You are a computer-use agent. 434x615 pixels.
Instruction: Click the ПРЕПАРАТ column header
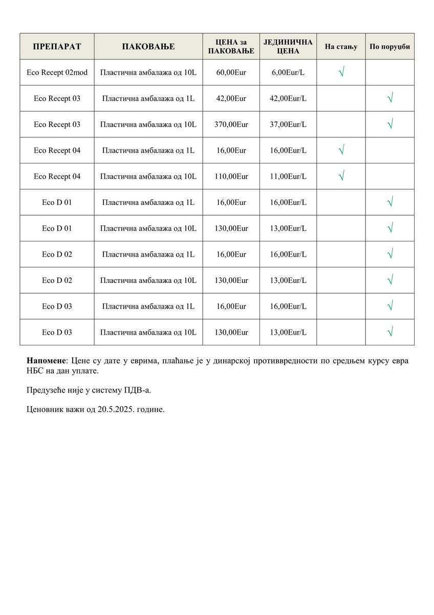pos(57,47)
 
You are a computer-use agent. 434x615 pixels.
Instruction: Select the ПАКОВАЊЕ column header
pos(148,47)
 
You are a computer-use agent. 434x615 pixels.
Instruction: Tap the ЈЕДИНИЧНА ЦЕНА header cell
pos(288,47)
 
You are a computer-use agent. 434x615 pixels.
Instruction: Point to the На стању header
pos(341,47)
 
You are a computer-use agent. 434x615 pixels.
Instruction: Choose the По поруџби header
pos(389,47)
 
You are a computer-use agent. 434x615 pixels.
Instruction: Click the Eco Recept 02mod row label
pos(57,73)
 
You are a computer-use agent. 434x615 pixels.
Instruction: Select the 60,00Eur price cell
pos(231,73)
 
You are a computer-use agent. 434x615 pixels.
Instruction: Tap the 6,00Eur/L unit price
pos(288,73)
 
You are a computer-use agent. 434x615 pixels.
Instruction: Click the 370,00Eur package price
pos(231,125)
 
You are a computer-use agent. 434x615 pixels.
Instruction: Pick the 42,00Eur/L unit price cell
pos(288,98)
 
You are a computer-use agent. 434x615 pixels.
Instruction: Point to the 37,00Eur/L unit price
pos(288,125)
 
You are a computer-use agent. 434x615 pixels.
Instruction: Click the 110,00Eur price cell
pos(231,176)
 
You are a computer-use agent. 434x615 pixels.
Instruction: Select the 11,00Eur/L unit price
pos(288,176)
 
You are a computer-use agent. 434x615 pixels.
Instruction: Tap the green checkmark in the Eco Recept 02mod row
pos(341,72)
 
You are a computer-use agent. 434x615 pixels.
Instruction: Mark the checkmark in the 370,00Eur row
pos(390,124)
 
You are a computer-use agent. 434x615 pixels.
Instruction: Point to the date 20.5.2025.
pos(117,410)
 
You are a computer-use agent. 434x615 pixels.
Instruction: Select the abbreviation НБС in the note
pos(34,370)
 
